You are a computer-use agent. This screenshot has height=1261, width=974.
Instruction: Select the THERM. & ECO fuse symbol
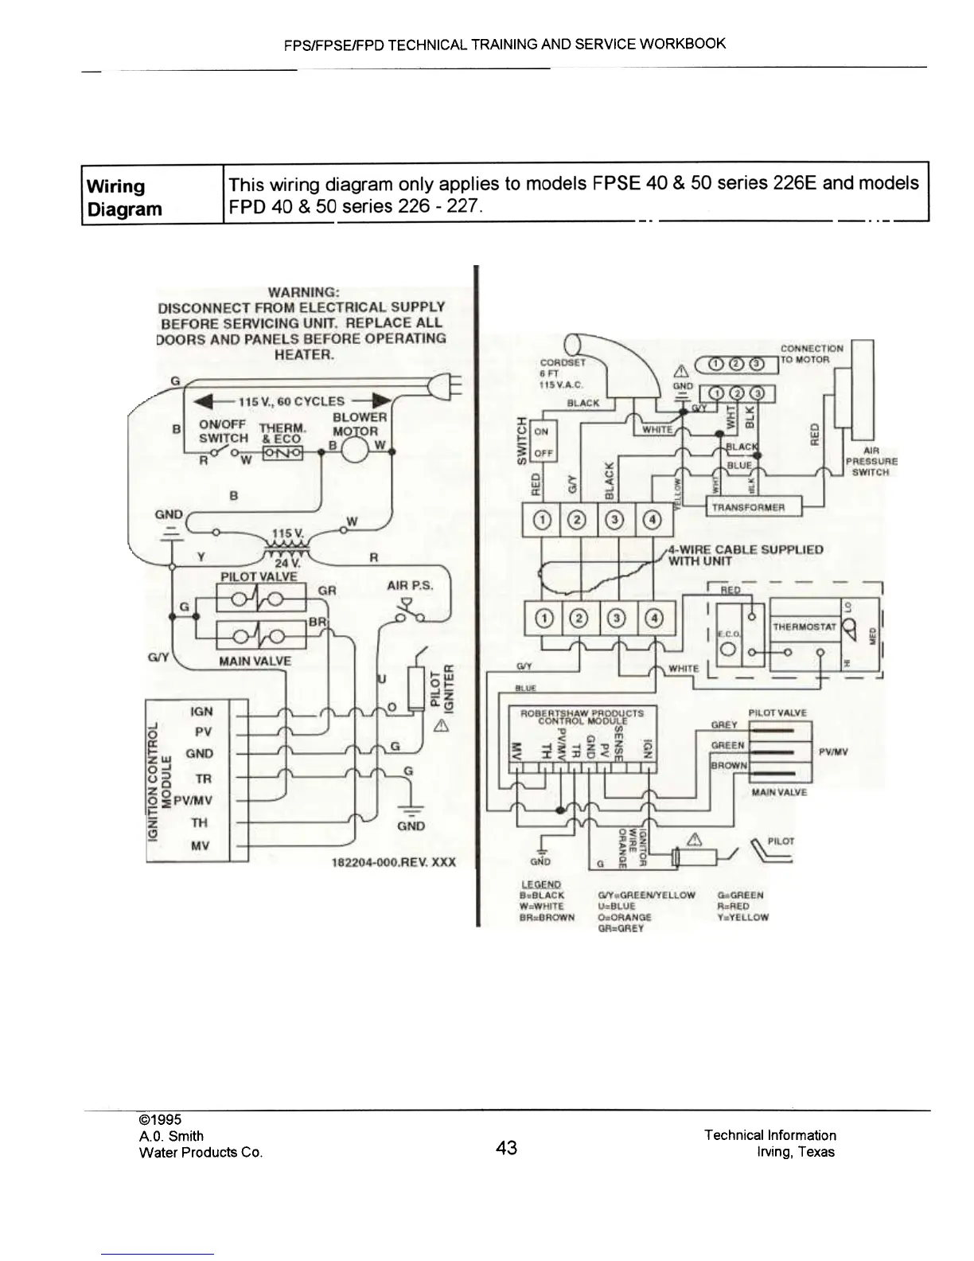click(282, 453)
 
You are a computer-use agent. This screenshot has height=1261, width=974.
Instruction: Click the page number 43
click(506, 1147)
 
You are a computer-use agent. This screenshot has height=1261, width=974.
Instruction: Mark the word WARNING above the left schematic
click(302, 291)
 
